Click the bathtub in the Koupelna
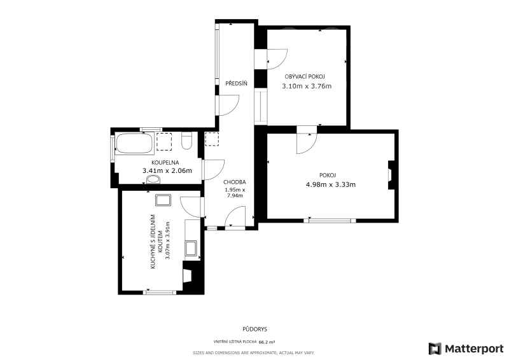pyautogui.click(x=134, y=143)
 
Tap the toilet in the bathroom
pyautogui.click(x=186, y=141)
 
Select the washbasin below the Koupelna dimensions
pyautogui.click(x=153, y=179)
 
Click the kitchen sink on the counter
pyautogui.click(x=191, y=248)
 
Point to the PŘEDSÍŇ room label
pyautogui.click(x=236, y=83)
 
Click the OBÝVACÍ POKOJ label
pyautogui.click(x=305, y=76)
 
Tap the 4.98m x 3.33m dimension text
pyautogui.click(x=331, y=184)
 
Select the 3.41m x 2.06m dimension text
pyautogui.click(x=167, y=170)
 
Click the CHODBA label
pyautogui.click(x=234, y=182)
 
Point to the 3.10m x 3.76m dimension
pyautogui.click(x=307, y=86)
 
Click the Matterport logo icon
pyautogui.click(x=435, y=349)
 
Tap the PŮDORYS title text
pyautogui.click(x=255, y=329)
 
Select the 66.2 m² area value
pyautogui.click(x=267, y=342)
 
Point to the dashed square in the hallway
pyautogui.click(x=212, y=139)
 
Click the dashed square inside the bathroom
pyautogui.click(x=164, y=142)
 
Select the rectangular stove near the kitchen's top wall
pyautogui.click(x=163, y=200)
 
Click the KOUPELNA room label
pyautogui.click(x=165, y=163)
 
